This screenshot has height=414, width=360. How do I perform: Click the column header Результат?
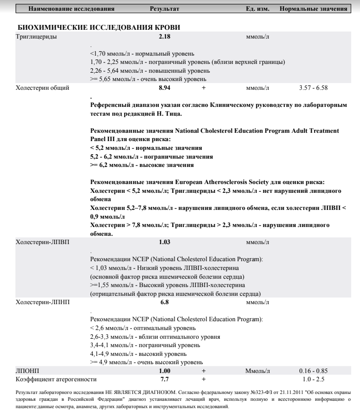[x=165, y=9]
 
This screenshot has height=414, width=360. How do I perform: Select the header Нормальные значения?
[x=314, y=9]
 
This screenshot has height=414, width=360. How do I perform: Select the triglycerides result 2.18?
[x=165, y=37]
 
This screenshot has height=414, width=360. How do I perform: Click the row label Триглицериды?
[x=36, y=37]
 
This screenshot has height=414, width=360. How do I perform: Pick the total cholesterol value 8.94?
[x=165, y=88]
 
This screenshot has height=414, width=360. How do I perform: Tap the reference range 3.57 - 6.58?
[x=313, y=88]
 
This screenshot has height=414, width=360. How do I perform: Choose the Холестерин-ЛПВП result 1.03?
[x=165, y=242]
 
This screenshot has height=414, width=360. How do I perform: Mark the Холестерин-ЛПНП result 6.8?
[x=165, y=303]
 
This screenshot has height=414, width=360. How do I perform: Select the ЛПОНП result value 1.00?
[x=165, y=372]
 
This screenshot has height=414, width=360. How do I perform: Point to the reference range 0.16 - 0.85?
[x=313, y=372]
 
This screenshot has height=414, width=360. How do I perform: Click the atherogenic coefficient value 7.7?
[x=165, y=379]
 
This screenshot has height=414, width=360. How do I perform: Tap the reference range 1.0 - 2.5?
[x=313, y=379]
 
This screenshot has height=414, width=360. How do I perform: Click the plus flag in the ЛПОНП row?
[x=204, y=372]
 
